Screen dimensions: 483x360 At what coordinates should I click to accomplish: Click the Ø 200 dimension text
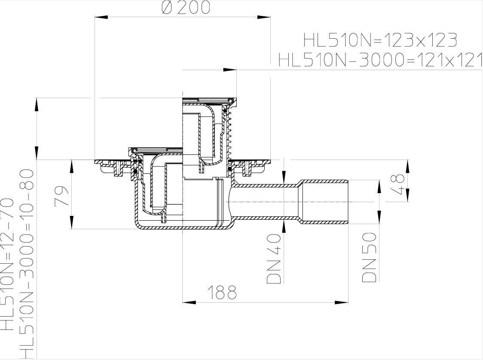pos(186,7)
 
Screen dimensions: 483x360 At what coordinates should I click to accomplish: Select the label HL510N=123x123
pos(380,40)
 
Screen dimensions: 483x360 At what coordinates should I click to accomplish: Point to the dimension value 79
pos(62,196)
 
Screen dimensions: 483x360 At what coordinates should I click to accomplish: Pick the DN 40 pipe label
pos(274,258)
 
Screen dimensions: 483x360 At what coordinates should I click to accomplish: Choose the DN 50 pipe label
pos(369,257)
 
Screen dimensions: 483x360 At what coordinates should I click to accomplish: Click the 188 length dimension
pos(222,292)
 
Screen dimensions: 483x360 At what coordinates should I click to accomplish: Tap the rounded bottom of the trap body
pos(185,227)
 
